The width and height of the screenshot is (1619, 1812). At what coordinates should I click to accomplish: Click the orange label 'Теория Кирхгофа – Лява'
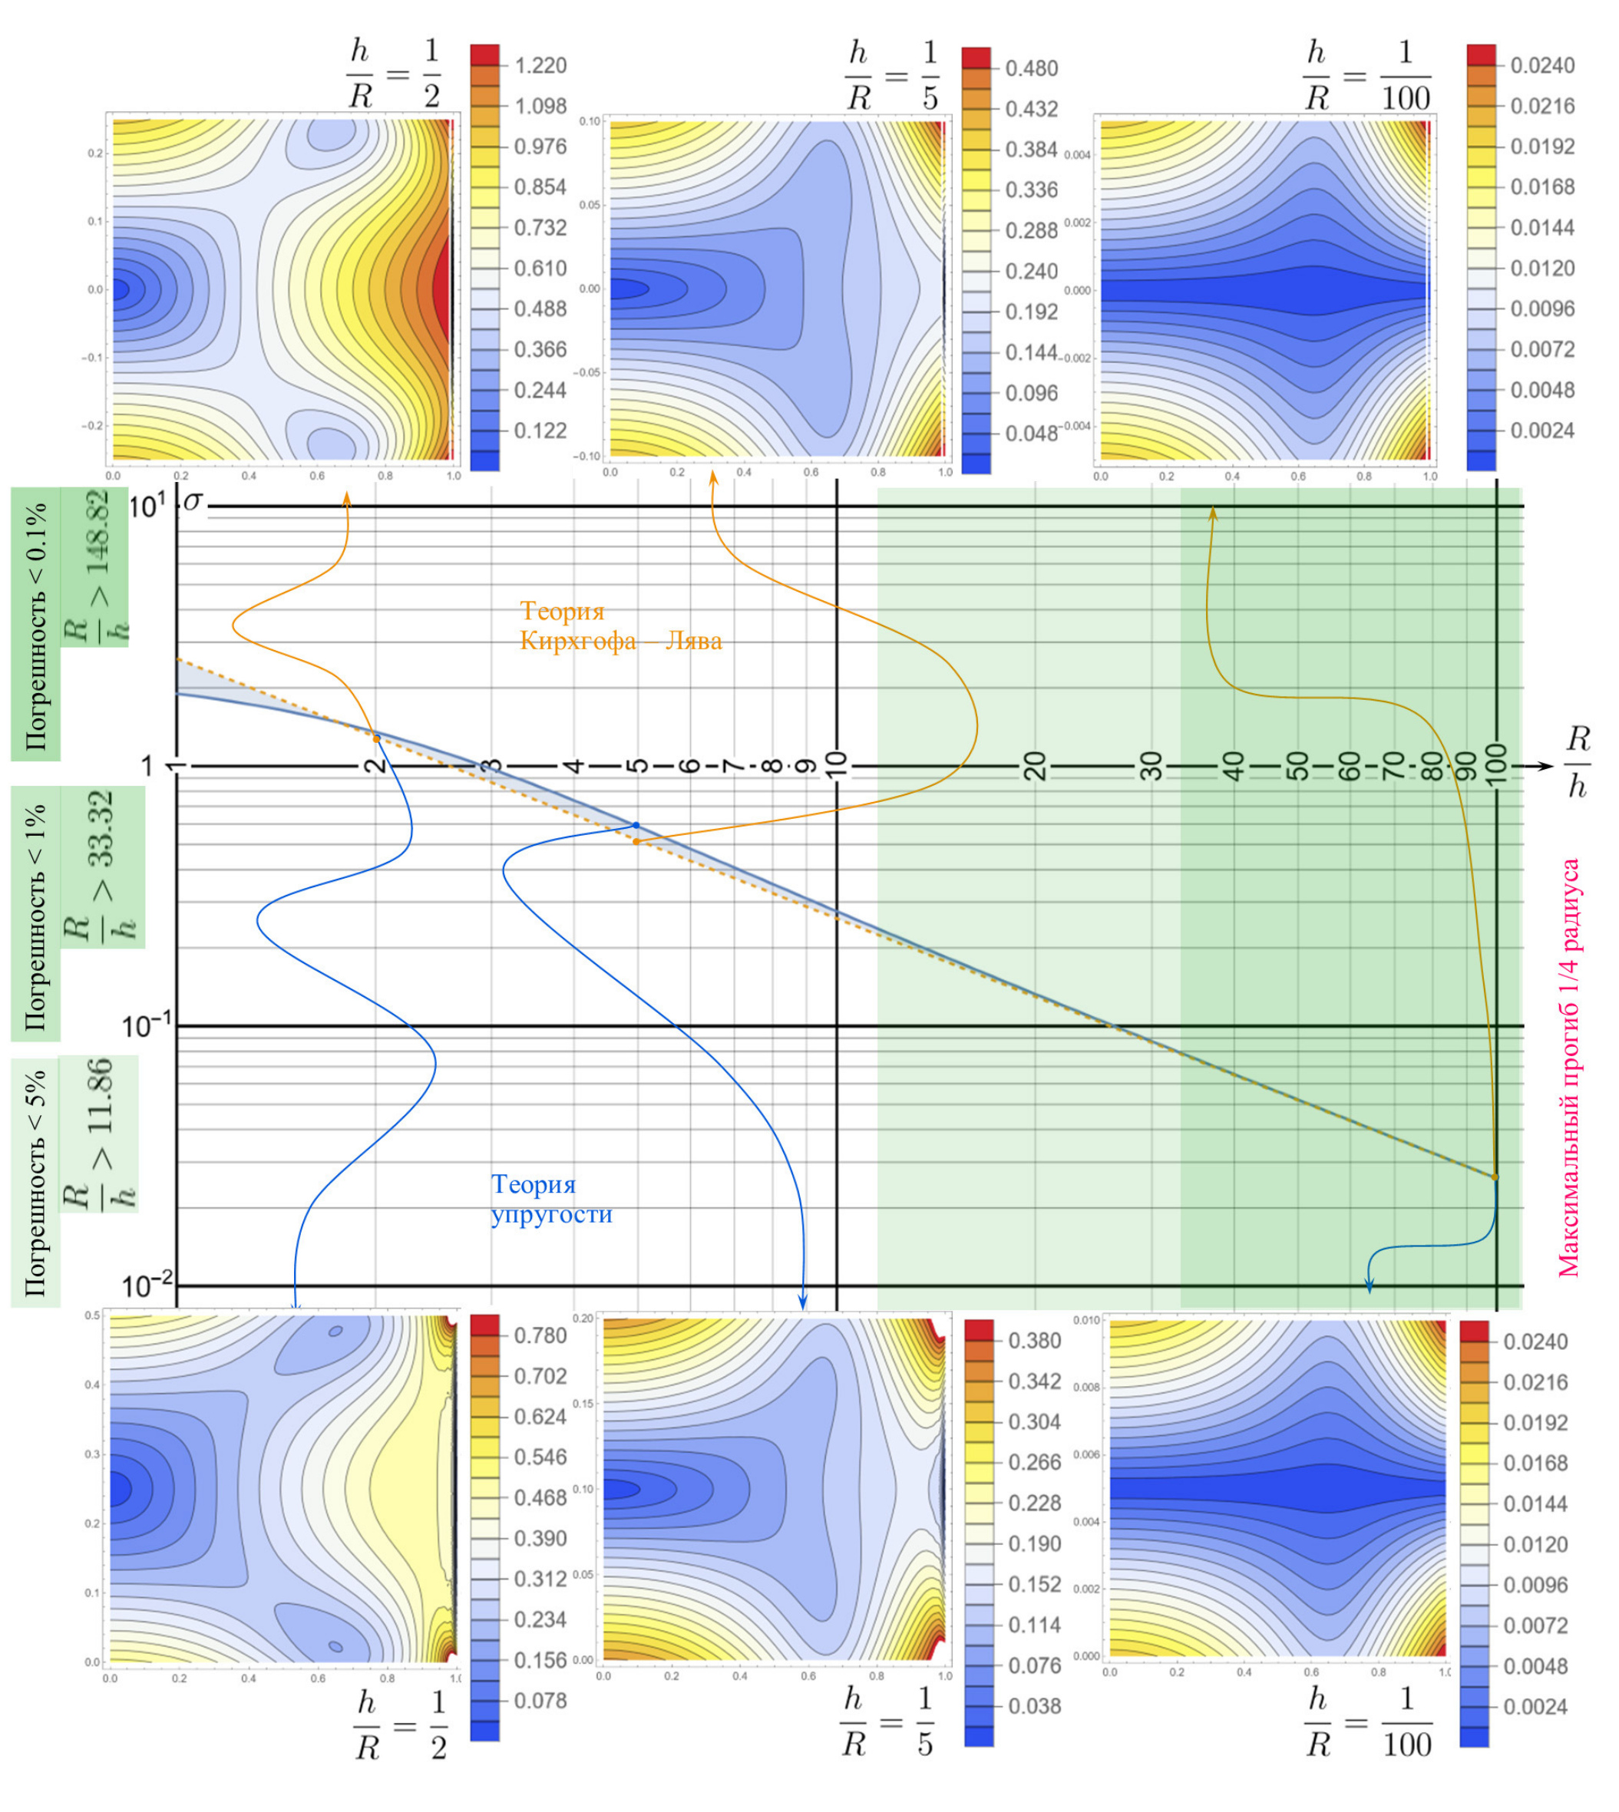(x=620, y=626)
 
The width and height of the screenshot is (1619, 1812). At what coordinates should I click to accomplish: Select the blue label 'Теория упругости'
(x=551, y=1199)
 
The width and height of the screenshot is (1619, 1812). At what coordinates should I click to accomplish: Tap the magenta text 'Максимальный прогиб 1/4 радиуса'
(x=1570, y=1067)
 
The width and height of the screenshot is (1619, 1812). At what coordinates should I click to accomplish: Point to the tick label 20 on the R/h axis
(x=1035, y=765)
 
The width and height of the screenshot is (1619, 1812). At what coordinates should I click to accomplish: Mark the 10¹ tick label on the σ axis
(x=146, y=507)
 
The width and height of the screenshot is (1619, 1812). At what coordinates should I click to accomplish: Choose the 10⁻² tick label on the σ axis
(x=147, y=1286)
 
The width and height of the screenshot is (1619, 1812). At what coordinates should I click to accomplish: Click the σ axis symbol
(x=193, y=503)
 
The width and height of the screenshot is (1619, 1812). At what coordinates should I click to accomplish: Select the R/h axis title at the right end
(x=1578, y=763)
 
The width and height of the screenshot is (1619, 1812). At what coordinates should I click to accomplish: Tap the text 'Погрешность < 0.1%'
(x=35, y=622)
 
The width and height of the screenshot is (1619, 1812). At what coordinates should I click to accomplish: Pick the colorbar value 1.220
(x=540, y=66)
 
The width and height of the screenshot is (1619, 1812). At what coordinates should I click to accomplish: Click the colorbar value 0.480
(x=1032, y=68)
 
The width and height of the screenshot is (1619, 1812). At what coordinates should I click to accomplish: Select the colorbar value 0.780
(x=540, y=1335)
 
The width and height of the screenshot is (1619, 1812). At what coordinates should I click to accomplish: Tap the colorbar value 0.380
(x=1035, y=1341)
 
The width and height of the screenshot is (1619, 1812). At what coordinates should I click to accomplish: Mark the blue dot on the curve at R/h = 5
(x=636, y=825)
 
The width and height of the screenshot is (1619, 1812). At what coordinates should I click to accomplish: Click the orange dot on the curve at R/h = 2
(x=376, y=739)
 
